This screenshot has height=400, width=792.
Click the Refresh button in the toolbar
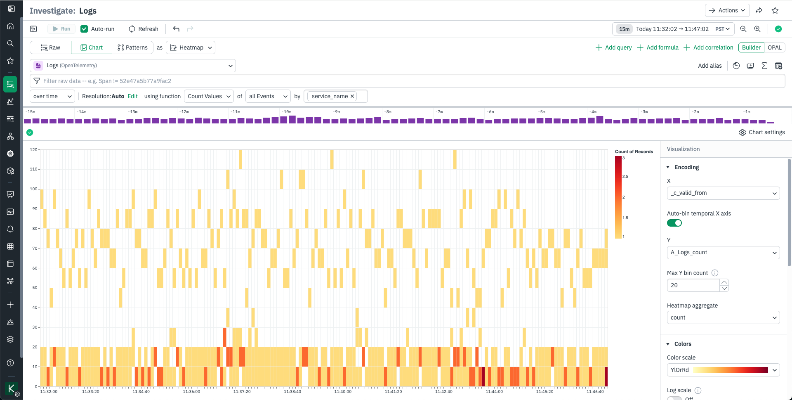click(x=144, y=29)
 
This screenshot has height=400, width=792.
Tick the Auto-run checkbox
click(x=84, y=29)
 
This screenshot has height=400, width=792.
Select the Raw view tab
click(x=50, y=47)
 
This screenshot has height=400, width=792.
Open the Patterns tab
click(x=132, y=47)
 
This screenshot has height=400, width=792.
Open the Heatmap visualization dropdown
click(x=191, y=47)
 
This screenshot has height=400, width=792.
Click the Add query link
click(x=614, y=47)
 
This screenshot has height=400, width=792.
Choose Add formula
click(x=658, y=47)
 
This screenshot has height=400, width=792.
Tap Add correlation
click(x=709, y=47)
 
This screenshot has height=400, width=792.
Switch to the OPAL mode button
click(x=774, y=47)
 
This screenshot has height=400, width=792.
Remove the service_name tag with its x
click(x=352, y=96)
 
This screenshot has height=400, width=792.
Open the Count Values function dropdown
click(x=209, y=96)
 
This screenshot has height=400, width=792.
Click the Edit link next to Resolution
click(x=132, y=96)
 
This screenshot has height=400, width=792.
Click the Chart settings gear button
click(x=762, y=133)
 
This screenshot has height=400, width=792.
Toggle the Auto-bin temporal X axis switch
click(x=674, y=223)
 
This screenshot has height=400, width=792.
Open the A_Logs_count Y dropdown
click(x=723, y=252)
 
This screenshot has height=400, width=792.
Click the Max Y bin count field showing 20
click(x=693, y=285)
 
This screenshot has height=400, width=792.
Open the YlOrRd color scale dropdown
click(x=723, y=370)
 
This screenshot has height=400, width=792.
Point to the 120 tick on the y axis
click(x=33, y=150)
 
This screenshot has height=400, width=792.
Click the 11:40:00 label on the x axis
click(x=343, y=392)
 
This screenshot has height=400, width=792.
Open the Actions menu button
click(x=727, y=10)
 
